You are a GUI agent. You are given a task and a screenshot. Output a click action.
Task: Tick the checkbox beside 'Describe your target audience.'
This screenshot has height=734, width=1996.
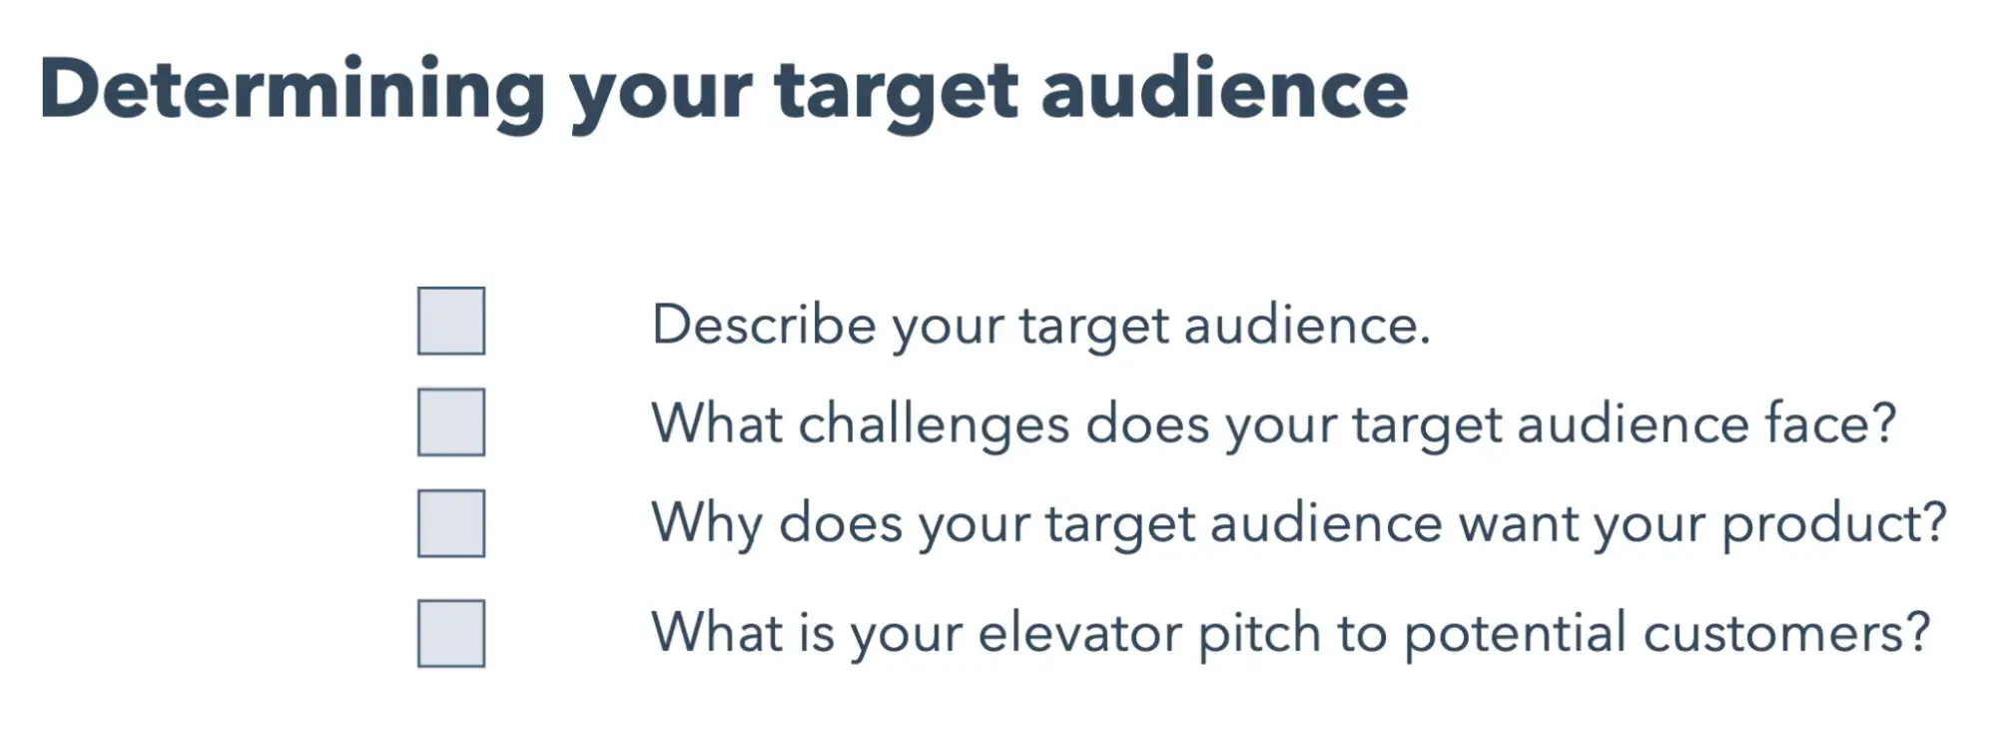(451, 321)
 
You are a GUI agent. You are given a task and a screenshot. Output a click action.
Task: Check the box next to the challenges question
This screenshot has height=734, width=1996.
(451, 421)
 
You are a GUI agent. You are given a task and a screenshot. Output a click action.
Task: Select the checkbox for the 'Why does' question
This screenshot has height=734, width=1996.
(451, 522)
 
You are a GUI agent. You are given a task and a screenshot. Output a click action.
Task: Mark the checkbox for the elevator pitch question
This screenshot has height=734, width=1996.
(451, 633)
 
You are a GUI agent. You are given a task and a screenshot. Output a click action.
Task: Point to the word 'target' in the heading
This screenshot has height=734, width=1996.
(895, 96)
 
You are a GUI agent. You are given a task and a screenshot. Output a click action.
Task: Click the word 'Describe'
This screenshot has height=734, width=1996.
(764, 325)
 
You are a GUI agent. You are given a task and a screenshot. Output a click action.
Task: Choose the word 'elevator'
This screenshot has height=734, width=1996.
(1079, 632)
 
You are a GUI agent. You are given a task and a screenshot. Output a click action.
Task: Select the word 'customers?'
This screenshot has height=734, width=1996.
(1787, 632)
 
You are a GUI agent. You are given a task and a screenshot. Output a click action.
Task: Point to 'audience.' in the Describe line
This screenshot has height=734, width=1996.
(1307, 325)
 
